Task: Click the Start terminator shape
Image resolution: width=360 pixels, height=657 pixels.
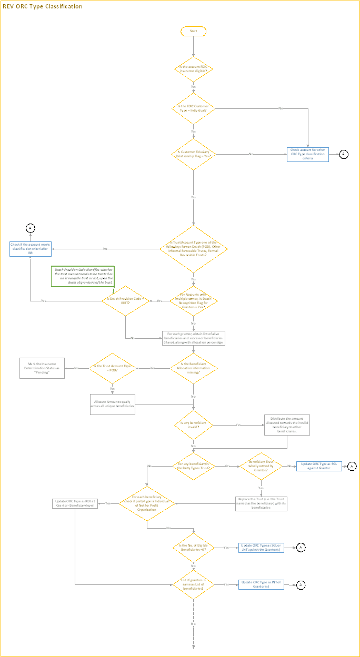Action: (194, 31)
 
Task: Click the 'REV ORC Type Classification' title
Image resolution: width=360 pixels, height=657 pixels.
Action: (43, 6)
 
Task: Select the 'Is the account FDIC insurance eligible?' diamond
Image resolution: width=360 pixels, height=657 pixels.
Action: (194, 69)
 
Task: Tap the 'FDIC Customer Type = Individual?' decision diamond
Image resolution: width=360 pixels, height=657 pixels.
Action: (194, 109)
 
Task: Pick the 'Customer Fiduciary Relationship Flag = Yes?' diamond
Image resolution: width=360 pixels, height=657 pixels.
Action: (194, 154)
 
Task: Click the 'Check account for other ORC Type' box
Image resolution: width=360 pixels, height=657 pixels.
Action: (308, 154)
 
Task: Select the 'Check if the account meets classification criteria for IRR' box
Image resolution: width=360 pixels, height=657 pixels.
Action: (31, 249)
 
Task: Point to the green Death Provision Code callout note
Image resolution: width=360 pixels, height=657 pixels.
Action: (83, 276)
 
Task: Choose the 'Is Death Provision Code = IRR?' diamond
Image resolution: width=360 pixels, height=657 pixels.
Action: (125, 301)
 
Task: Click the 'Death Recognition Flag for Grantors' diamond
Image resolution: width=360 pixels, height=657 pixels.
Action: (194, 301)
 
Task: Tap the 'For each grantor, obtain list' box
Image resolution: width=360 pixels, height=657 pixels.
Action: (194, 338)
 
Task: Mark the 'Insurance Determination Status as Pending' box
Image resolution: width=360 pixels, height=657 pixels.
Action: (42, 368)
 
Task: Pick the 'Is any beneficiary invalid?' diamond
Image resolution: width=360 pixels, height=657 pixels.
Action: (194, 425)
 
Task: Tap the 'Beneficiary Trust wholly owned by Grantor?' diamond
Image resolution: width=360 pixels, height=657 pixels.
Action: (261, 466)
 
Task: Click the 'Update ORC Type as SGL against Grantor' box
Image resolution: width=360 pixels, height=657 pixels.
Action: (319, 466)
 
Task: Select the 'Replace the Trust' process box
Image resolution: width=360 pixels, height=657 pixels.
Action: (261, 503)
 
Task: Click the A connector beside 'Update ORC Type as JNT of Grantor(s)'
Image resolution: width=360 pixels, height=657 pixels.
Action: (301, 584)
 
